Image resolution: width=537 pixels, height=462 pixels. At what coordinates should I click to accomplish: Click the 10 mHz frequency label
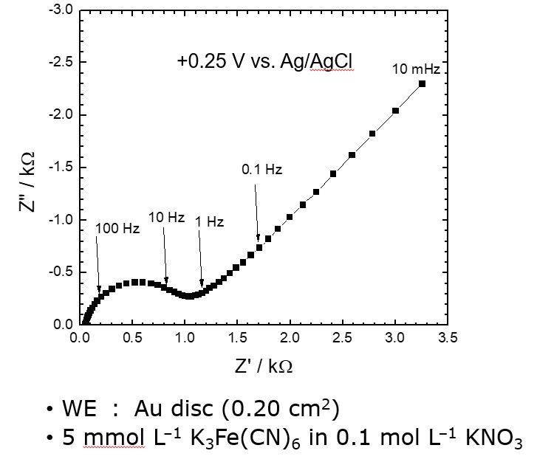tap(416, 69)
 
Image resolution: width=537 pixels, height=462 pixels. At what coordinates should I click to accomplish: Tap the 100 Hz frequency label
tap(117, 229)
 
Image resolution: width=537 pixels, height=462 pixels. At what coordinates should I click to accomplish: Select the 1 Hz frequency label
tap(209, 221)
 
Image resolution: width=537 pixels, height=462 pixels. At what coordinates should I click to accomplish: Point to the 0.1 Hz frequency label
tap(262, 170)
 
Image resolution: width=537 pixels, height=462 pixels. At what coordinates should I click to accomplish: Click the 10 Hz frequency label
tap(166, 218)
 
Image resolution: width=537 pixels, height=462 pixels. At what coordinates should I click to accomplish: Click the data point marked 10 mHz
tap(422, 83)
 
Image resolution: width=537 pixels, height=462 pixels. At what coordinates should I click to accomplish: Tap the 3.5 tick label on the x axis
tap(448, 339)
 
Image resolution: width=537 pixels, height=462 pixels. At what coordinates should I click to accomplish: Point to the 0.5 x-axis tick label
tap(132, 339)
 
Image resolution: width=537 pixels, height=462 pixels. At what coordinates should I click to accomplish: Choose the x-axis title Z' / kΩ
tap(264, 365)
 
